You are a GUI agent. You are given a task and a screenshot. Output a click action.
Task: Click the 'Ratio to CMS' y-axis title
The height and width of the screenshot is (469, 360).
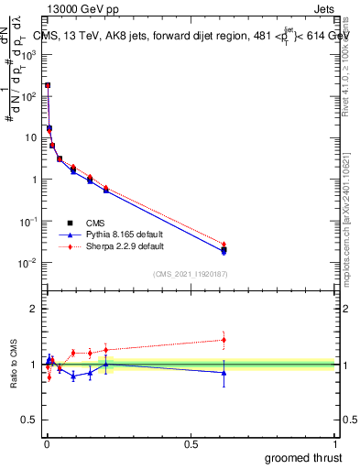coord(15,365)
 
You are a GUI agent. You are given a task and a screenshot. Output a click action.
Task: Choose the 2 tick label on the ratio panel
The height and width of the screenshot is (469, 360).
coord(34,309)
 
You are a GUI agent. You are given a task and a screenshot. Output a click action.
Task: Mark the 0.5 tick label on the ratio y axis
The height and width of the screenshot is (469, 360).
coord(30,421)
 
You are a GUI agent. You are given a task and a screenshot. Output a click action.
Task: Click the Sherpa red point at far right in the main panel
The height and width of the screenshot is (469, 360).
coord(224,245)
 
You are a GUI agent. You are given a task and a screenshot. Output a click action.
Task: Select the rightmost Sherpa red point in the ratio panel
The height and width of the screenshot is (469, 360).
coord(224,340)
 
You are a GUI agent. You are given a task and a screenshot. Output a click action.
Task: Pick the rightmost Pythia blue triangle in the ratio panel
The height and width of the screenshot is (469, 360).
coord(224,373)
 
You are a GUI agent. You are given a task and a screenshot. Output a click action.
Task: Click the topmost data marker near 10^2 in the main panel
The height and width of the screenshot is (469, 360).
coord(48,85)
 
